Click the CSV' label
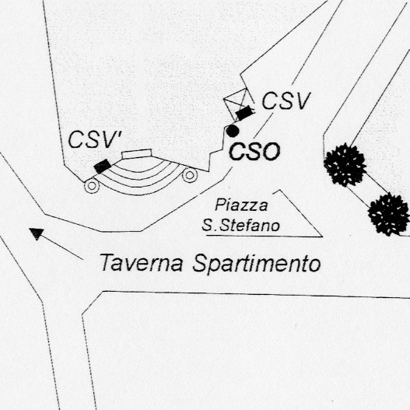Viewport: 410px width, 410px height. (95, 139)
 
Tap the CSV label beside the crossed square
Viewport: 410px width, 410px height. (286, 100)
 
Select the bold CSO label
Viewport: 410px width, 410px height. (254, 152)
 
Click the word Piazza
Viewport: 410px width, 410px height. (241, 205)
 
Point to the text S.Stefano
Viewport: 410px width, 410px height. (241, 226)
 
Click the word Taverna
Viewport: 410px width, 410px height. (141, 262)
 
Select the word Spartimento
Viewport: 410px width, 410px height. (257, 264)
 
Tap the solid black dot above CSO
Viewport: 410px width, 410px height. (232, 131)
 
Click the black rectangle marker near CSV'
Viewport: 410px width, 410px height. (103, 166)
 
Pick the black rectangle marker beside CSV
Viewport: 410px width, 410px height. (244, 113)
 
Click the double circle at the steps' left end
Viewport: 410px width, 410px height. (92, 186)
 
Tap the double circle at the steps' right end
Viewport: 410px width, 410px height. (190, 175)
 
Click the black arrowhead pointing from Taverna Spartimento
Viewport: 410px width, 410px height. (36, 233)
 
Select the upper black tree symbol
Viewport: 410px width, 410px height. (345, 165)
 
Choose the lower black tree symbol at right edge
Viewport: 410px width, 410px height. (389, 215)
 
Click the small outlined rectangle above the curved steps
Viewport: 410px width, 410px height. (137, 153)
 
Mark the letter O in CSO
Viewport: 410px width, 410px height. (272, 152)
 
